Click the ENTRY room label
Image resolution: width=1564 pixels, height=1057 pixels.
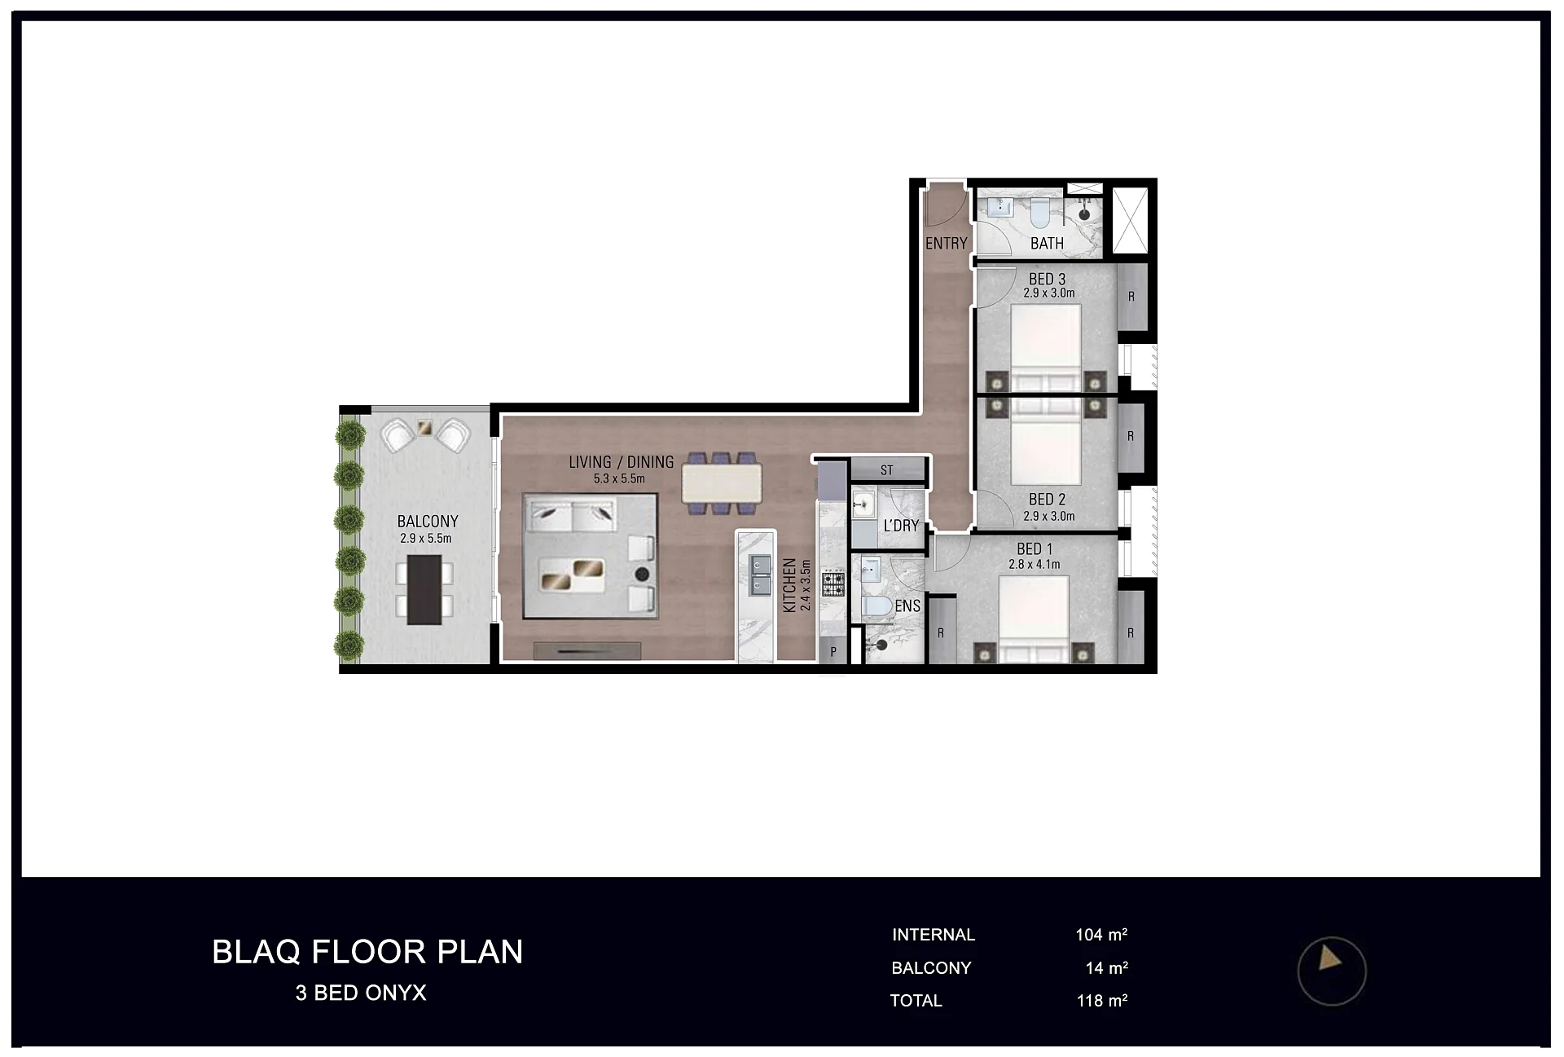click(946, 243)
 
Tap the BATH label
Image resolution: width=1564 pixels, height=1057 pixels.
click(1047, 243)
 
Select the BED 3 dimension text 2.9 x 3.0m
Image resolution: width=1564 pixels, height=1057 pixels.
click(1049, 293)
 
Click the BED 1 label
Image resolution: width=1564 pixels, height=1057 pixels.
click(1035, 549)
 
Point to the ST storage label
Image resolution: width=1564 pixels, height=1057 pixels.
click(887, 470)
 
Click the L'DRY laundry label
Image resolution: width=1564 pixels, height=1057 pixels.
click(901, 526)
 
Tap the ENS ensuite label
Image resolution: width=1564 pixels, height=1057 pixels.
click(907, 606)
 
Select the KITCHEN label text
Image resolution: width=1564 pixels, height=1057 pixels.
click(789, 585)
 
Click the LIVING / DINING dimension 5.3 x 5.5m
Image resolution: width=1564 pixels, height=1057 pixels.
click(619, 478)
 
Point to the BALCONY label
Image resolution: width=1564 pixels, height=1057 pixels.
click(428, 522)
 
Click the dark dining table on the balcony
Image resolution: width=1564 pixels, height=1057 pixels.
click(424, 590)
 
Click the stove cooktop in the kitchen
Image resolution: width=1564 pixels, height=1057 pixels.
click(833, 584)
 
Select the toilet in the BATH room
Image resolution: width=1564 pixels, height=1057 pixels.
click(1039, 214)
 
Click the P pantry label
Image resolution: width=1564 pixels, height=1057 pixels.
click(833, 652)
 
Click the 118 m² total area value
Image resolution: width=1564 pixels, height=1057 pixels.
click(1102, 1001)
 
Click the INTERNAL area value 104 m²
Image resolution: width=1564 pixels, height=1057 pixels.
click(1101, 935)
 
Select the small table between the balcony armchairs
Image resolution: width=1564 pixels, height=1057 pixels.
click(424, 426)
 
